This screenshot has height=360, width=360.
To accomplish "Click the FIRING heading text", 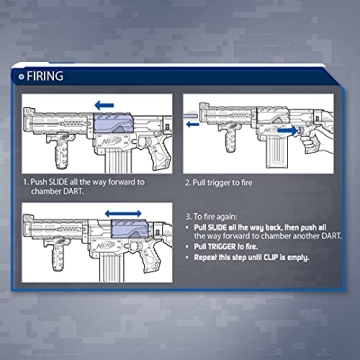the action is (x=45, y=76).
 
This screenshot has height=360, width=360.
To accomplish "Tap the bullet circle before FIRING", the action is (x=22, y=77).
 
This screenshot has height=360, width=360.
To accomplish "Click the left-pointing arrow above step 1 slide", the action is (x=104, y=106).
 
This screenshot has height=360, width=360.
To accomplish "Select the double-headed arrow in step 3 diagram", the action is (x=123, y=214).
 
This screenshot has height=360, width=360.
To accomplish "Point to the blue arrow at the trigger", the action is (x=287, y=131).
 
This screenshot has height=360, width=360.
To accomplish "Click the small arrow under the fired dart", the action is (x=193, y=125).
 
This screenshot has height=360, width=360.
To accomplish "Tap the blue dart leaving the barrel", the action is (x=190, y=115).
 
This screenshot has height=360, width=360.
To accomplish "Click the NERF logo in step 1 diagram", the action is (x=110, y=141).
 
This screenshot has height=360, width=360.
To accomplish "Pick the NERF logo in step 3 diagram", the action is (x=106, y=246).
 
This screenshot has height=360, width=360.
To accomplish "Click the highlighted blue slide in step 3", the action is (x=130, y=229).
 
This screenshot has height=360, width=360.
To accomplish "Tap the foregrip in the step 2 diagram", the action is (x=230, y=137).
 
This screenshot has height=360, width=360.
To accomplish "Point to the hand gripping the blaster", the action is (x=317, y=137).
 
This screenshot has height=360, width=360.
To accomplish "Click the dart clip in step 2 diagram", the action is (x=276, y=151).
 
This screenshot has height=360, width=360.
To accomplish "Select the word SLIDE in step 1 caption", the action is (x=59, y=182).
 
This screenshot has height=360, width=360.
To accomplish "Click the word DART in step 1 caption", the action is (x=72, y=192).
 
